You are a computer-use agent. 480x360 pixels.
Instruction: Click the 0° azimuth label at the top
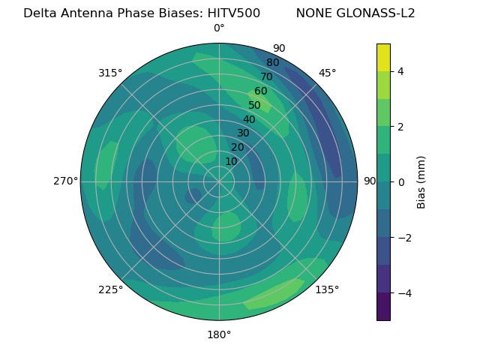tap(219, 28)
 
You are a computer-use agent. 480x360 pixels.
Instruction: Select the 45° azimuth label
tap(327, 73)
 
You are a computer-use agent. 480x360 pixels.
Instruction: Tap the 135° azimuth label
tap(327, 289)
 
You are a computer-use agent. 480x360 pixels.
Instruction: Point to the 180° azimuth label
tap(219, 334)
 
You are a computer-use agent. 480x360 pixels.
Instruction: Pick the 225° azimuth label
tap(110, 289)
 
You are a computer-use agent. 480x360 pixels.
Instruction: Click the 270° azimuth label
tap(65, 181)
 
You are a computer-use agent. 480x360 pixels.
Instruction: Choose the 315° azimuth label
tap(110, 73)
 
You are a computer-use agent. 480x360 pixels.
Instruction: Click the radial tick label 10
tap(231, 161)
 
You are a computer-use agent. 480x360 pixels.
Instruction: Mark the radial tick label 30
tap(243, 133)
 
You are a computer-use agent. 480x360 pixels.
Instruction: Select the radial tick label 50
tap(254, 106)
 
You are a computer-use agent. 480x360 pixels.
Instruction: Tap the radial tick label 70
tap(266, 77)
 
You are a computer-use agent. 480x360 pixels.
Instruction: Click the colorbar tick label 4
tap(400, 71)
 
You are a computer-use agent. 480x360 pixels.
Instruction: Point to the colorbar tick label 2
tap(400, 127)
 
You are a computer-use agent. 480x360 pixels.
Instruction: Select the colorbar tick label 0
tap(400, 181)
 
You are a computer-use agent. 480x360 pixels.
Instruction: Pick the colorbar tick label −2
tap(403, 237)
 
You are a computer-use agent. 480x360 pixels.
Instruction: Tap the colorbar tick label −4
tap(403, 292)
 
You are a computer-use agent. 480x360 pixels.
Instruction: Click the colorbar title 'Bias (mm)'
tap(421, 181)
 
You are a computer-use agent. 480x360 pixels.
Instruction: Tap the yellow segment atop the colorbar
tap(383, 57)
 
